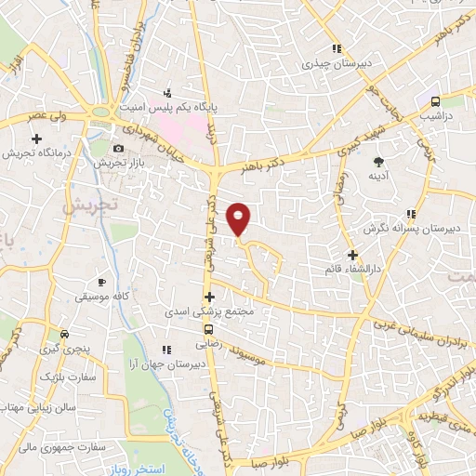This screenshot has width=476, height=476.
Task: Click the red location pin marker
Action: pyautogui.click(x=240, y=217)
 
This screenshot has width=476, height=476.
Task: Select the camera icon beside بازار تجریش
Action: pyautogui.click(x=118, y=149)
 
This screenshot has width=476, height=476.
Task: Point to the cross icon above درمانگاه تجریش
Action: pyautogui.click(x=35, y=138)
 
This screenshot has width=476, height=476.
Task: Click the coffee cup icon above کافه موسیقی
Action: pyautogui.click(x=101, y=281)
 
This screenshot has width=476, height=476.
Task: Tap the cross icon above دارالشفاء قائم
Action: pyautogui.click(x=352, y=254)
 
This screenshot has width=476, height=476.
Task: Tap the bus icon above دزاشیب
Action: pyautogui.click(x=436, y=101)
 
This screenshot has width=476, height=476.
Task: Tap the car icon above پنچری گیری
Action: pyautogui.click(x=64, y=334)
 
